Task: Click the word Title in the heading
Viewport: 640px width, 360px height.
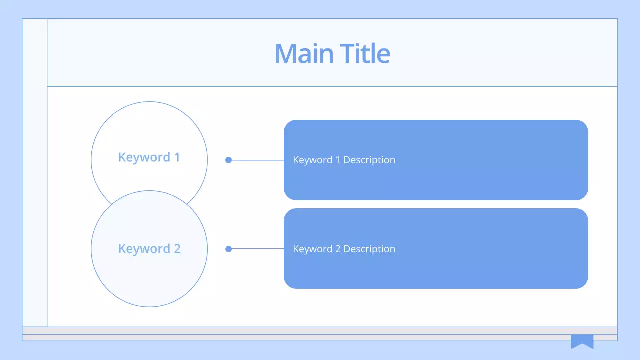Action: coord(365,53)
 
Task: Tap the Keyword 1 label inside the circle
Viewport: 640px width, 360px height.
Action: coord(149,157)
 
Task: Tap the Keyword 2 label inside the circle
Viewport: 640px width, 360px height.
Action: coord(149,249)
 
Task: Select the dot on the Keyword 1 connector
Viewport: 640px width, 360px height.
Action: coord(228,160)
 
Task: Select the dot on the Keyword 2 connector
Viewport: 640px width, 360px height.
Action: coord(228,249)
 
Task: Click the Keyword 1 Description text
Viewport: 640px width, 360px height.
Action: coord(344,160)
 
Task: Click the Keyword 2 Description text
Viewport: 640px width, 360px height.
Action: coord(344,249)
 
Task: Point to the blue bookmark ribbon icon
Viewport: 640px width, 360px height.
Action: coord(582,341)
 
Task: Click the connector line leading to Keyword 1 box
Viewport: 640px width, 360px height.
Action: coord(258,160)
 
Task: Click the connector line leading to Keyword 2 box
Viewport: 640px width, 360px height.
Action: coord(258,249)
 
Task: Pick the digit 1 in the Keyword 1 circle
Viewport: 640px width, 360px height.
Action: coord(177,157)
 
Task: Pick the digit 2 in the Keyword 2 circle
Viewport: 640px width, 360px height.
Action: coord(176,249)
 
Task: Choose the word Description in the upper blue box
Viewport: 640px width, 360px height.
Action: coord(369,160)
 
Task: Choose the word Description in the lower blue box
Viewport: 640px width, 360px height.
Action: coord(369,249)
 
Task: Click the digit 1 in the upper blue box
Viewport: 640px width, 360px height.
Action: coord(338,160)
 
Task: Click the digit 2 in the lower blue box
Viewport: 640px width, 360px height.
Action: coord(338,249)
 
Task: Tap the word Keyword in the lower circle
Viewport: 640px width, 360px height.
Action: coord(144,249)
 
